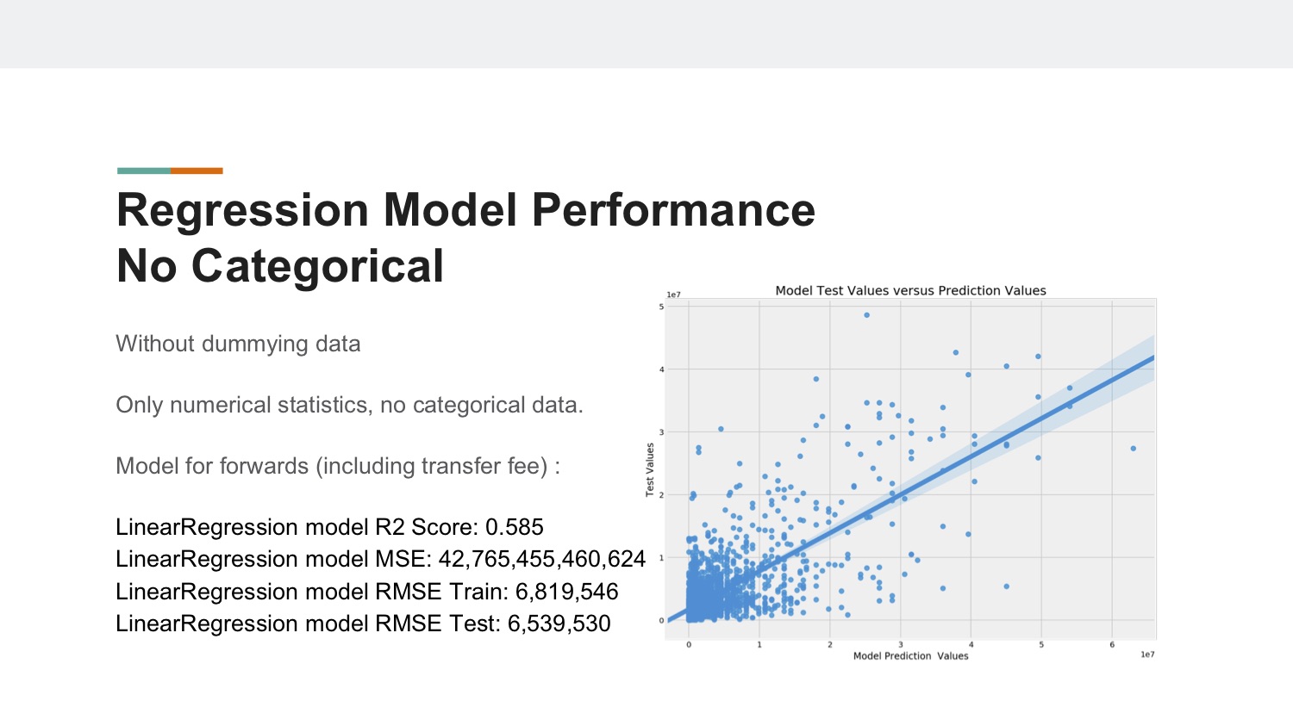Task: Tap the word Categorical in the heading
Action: click(317, 267)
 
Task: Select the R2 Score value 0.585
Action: click(515, 527)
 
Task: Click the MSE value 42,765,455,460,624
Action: click(542, 559)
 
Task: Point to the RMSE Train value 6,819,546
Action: click(567, 592)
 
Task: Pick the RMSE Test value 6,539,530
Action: click(559, 624)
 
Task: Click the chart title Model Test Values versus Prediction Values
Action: click(910, 290)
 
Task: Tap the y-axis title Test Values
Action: click(650, 469)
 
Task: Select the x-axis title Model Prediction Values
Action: click(910, 656)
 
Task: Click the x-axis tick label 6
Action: click(1112, 645)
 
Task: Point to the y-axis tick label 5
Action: click(661, 307)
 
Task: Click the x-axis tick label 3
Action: click(900, 645)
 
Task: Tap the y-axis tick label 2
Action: click(661, 494)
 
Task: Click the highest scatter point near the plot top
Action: click(866, 315)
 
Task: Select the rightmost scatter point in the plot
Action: click(1134, 449)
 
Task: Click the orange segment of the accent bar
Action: click(197, 171)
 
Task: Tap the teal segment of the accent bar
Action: click(144, 171)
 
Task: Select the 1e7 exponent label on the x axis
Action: click(1147, 655)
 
